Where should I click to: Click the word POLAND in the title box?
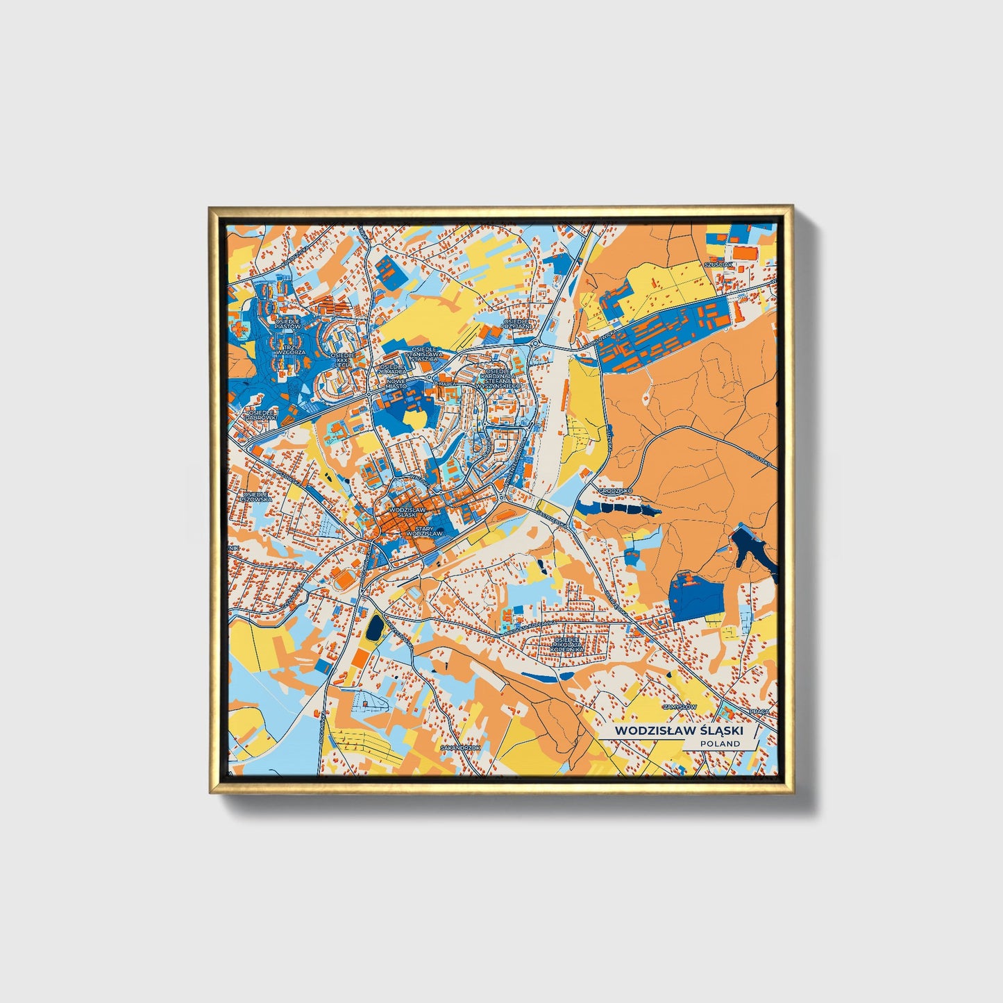[x=720, y=743]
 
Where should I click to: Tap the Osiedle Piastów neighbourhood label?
[x=287, y=324]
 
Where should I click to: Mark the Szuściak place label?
[x=718, y=264]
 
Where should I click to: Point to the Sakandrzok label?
[x=460, y=748]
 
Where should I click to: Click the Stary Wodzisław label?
[x=423, y=532]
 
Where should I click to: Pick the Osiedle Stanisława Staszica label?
[x=425, y=353]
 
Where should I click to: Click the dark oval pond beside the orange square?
[x=375, y=627]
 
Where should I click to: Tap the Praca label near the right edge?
[x=760, y=712]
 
